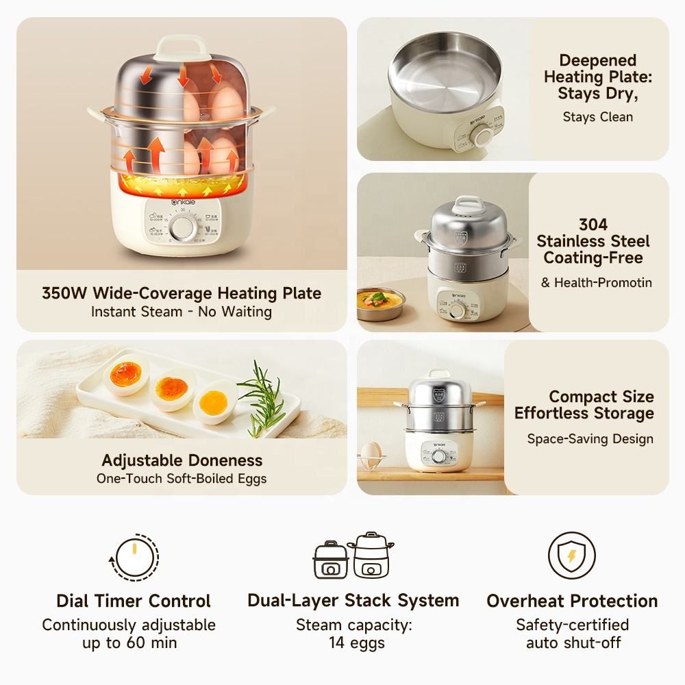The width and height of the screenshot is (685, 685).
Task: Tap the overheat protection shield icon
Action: (571, 556)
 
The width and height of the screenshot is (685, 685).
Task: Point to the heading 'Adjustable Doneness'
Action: (182, 460)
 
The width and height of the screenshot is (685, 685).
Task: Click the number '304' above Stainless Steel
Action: (593, 225)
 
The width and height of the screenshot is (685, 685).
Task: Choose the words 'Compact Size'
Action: (601, 397)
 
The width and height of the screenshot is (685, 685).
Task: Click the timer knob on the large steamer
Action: (182, 228)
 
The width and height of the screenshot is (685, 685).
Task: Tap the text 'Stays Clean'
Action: (597, 116)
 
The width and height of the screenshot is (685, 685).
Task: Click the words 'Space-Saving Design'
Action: (590, 439)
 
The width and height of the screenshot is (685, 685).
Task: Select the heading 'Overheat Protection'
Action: (572, 601)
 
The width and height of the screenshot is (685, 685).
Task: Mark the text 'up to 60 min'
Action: (129, 643)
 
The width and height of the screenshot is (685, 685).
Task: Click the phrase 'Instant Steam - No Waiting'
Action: (182, 312)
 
